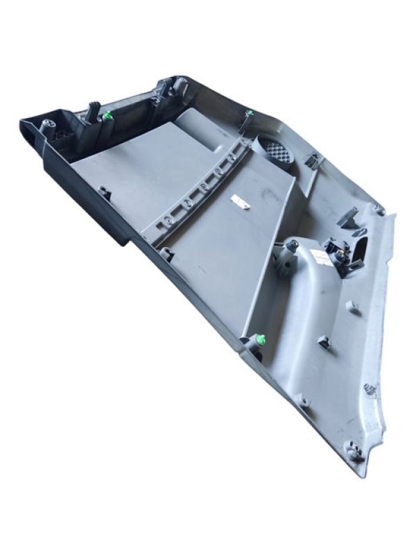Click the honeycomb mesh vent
coord(277,148)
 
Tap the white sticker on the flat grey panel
coord(240,202)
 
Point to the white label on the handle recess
coord(320,257)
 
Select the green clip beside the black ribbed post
coord(108,117)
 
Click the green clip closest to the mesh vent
coord(250,113)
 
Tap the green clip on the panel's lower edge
coord(261,339)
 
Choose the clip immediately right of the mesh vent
coord(311,162)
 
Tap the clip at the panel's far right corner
coord(379,208)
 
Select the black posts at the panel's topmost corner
coord(173,86)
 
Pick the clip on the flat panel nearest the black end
coord(104,191)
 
